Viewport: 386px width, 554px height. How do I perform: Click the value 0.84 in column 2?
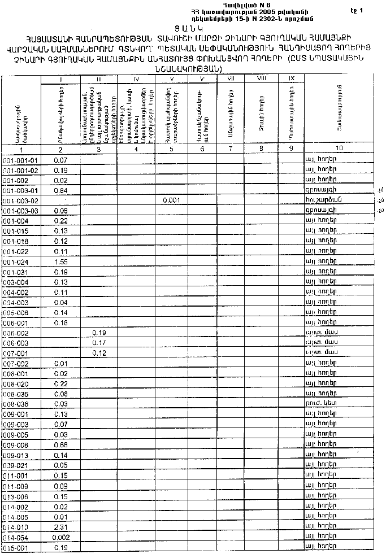coord(60,190)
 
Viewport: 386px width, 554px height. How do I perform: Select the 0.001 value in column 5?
coord(172,200)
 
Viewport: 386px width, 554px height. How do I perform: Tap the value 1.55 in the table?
coord(60,261)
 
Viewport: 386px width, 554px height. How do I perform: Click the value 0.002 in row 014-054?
coord(60,537)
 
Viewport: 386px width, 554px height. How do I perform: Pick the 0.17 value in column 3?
coord(99,343)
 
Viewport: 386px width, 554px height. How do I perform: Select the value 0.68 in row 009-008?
coord(60,445)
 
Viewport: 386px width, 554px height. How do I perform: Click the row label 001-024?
coord(20,261)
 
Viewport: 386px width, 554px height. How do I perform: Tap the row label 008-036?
coord(20,404)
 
